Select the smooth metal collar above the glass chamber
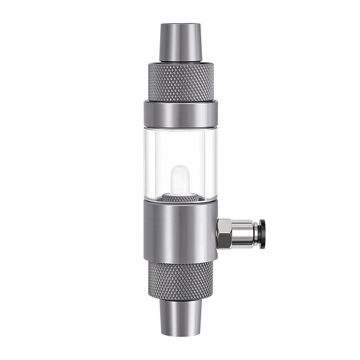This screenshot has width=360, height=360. click(x=180, y=114)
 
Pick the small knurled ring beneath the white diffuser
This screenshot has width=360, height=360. click(x=180, y=197)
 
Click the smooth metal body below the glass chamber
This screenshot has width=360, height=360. click(x=180, y=229)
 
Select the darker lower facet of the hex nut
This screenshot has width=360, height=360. click(x=224, y=241)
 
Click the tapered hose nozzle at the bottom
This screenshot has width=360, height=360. click(x=180, y=317)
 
